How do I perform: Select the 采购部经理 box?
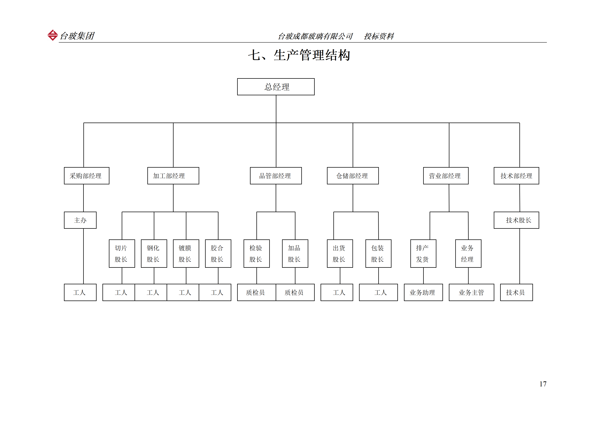coord(86,176)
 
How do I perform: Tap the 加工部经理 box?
coord(173,176)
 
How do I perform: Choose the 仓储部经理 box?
coord(353,176)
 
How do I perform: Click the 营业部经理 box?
coord(446,176)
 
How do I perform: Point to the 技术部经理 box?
coord(516,176)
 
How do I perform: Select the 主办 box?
coord(80,220)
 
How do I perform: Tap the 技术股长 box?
coord(516,220)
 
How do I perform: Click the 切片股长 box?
coord(122,253)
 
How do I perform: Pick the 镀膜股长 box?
coord(186,253)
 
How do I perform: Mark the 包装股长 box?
coord(378,253)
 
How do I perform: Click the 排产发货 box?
coord(423,253)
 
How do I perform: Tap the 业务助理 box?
coord(423,292)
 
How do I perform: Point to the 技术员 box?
coord(516,292)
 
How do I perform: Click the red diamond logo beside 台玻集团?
coord(53,35)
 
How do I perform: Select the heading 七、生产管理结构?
coord(299,55)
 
